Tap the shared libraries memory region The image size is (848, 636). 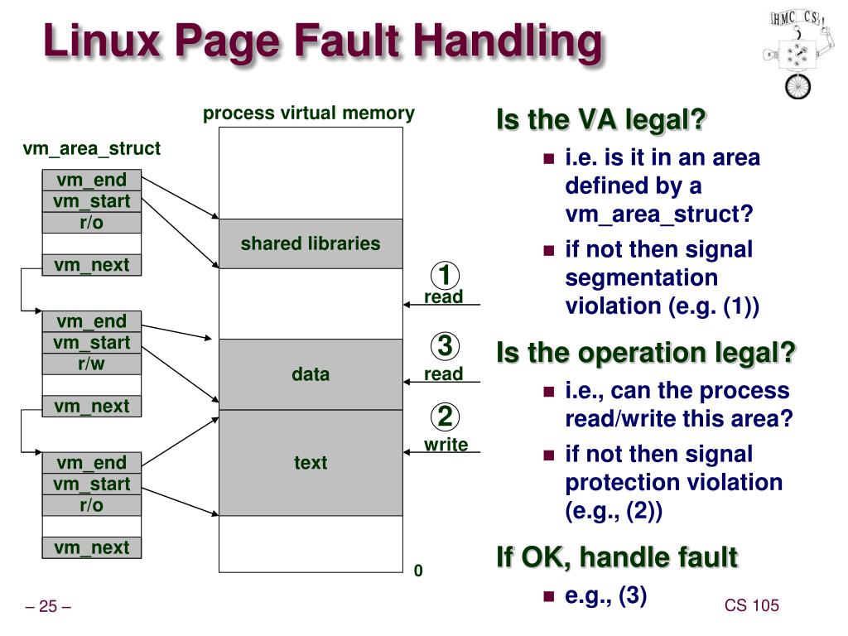tap(311, 243)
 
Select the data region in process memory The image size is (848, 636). tap(311, 374)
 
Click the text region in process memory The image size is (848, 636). tap(311, 463)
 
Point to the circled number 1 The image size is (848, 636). tap(445, 274)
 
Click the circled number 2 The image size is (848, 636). tap(445, 417)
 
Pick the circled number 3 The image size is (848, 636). tap(445, 345)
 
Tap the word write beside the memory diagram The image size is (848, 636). tap(446, 445)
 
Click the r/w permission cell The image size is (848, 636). tap(92, 364)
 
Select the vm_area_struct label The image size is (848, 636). tap(91, 149)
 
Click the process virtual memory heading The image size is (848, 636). tap(309, 113)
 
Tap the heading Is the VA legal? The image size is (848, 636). tap(601, 121)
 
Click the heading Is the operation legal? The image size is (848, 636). tap(646, 353)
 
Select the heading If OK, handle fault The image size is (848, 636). tap(616, 557)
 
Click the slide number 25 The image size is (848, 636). tap(48, 607)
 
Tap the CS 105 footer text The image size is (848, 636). tap(752, 605)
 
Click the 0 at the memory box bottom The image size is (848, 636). tap(418, 571)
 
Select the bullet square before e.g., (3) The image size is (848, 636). tap(547, 596)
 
